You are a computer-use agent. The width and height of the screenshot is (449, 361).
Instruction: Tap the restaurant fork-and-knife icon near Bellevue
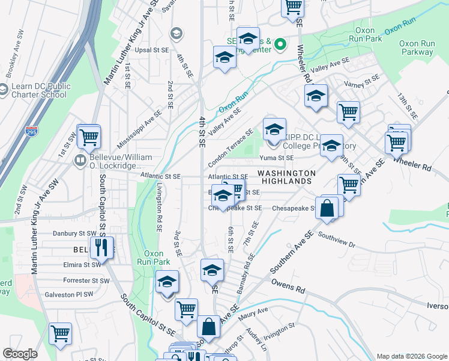click(101, 247)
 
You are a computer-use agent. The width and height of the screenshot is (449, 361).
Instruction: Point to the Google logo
click(20, 354)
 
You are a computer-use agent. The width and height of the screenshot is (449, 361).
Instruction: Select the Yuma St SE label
click(276, 158)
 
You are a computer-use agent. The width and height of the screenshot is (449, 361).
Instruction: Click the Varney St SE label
click(362, 82)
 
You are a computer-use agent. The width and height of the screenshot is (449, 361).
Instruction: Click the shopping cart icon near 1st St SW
click(89, 136)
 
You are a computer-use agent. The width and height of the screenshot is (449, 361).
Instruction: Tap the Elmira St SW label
click(82, 264)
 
